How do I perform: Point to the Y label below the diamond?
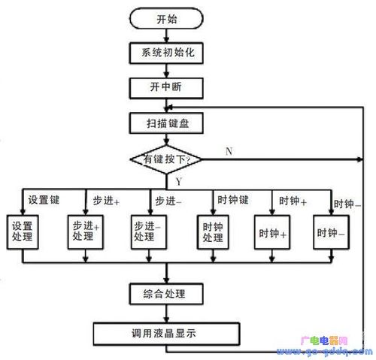pos(178,182)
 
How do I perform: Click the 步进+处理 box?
pos(88,231)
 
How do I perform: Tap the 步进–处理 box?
pos(148,231)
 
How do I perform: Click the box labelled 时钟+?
pos(272,233)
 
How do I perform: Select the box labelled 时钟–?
pos(331,233)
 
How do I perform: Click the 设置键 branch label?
pos(43,201)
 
